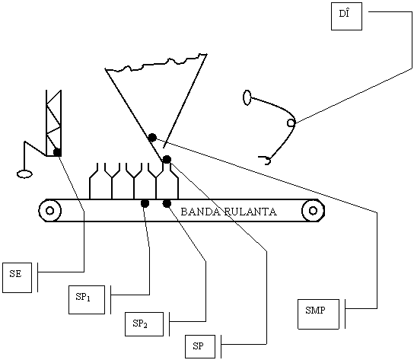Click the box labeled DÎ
(346, 17)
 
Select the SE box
(18, 278)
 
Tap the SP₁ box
(87, 300)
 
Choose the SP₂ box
(144, 324)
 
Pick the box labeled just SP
(200, 346)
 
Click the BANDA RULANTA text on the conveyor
(228, 212)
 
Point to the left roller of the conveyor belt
(50, 211)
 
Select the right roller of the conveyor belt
(313, 211)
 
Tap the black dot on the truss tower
(57, 152)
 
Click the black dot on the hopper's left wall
(152, 137)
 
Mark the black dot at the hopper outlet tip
(167, 159)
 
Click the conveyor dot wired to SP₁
(145, 203)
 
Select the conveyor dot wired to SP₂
(167, 203)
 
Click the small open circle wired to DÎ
(291, 123)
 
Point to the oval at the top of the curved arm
(247, 97)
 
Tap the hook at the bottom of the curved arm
(266, 161)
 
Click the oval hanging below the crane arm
(24, 174)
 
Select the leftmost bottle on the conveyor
(94, 182)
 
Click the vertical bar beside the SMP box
(345, 314)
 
